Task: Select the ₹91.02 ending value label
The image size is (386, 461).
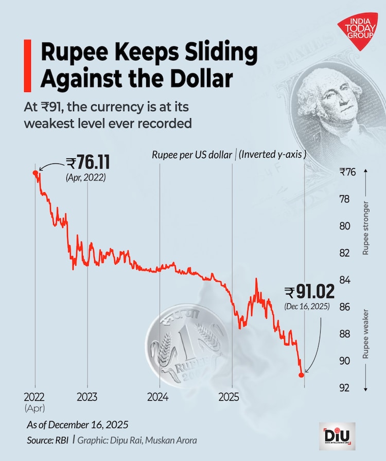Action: point(309,293)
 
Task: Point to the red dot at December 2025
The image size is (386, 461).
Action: point(302,375)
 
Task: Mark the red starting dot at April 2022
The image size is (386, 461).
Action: point(35,173)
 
